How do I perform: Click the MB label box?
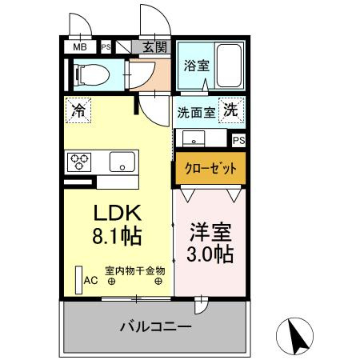click(x=80, y=47)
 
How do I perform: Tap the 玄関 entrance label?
click(x=155, y=47)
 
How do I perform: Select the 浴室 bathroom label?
click(x=196, y=65)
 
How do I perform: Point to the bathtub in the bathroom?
click(x=230, y=67)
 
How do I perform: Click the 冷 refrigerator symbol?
click(x=78, y=108)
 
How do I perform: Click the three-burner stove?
click(x=82, y=162)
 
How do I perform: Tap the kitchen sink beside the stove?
click(x=122, y=161)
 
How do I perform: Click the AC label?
click(x=91, y=281)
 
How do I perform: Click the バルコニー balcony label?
click(x=155, y=327)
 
